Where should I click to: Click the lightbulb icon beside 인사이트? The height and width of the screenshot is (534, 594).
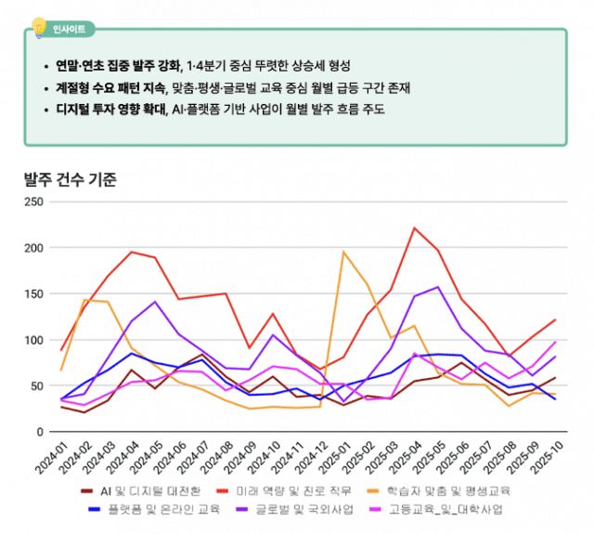[x=39, y=26]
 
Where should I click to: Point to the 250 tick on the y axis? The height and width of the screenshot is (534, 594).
[x=33, y=202]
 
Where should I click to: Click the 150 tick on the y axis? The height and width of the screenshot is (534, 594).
[x=33, y=293]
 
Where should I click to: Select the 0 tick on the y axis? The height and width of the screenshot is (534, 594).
[x=39, y=432]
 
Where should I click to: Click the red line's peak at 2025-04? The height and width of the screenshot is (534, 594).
[x=414, y=228]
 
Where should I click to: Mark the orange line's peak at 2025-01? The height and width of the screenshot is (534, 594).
[x=343, y=252]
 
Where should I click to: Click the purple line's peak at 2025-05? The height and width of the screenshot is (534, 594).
[x=438, y=287]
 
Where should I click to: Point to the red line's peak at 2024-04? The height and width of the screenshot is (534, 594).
[x=132, y=252]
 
